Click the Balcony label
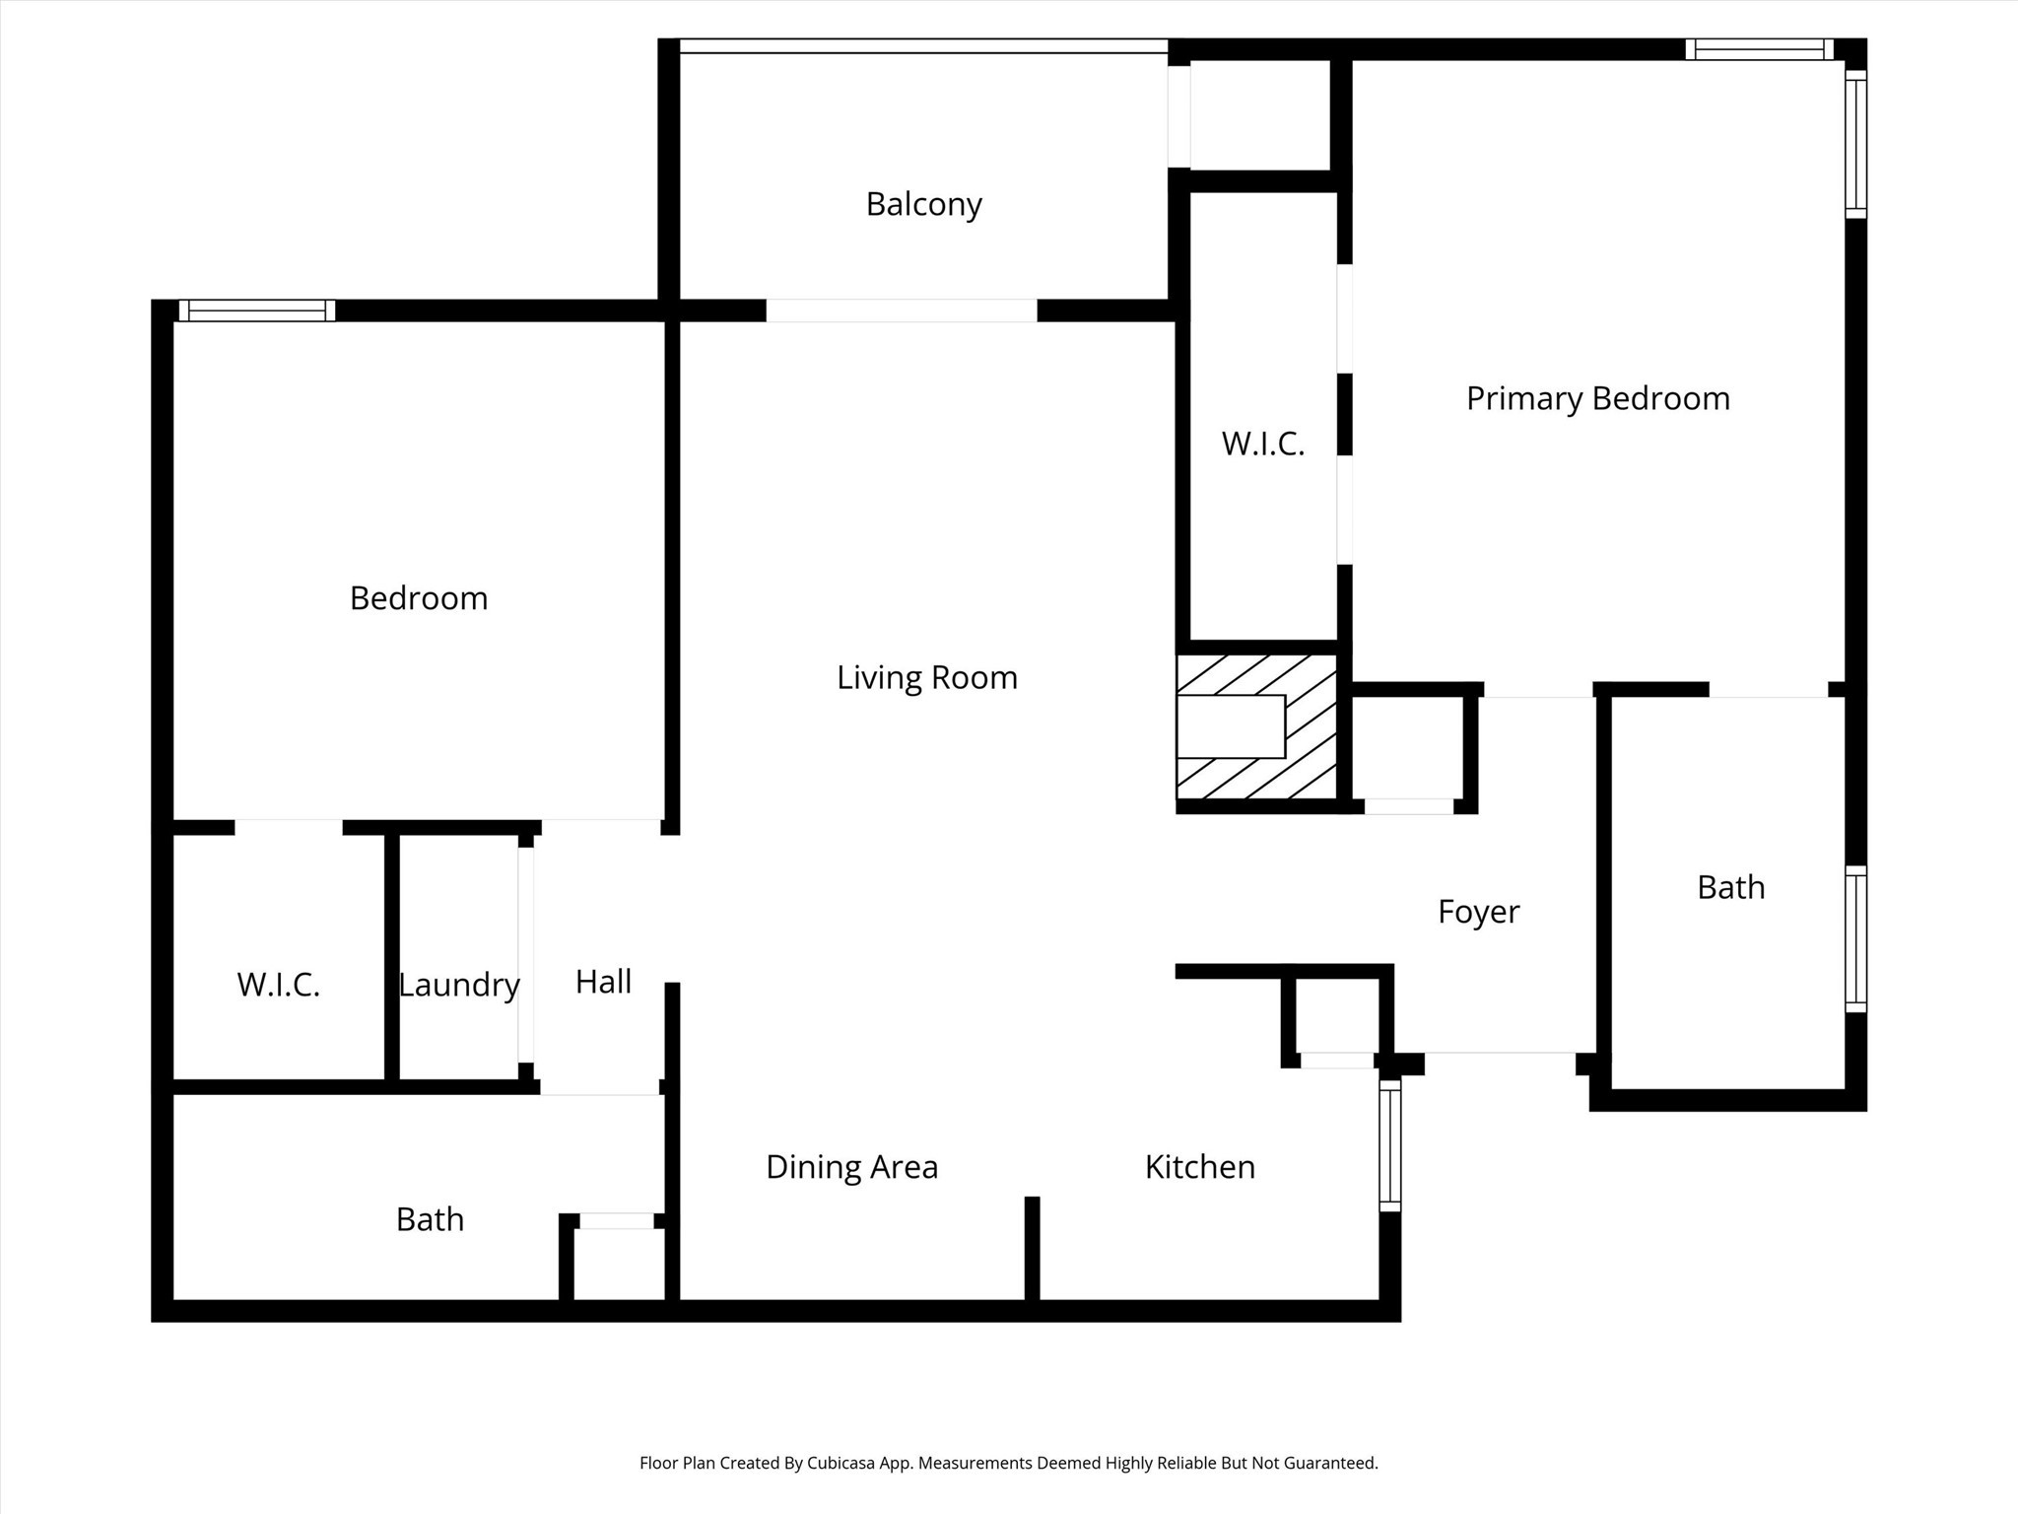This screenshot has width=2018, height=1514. (923, 204)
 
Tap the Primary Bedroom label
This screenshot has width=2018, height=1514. (1597, 398)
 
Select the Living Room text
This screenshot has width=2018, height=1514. (926, 677)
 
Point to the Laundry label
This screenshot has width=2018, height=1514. (459, 985)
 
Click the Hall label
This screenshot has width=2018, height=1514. (603, 982)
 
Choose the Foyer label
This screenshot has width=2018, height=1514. (1478, 912)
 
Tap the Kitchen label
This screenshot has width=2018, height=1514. (1199, 1167)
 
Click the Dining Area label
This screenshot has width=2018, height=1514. (851, 1167)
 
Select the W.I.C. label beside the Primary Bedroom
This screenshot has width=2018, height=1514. (1263, 444)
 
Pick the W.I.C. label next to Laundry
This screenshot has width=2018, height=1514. (278, 985)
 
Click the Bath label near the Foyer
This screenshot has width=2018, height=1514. (1730, 887)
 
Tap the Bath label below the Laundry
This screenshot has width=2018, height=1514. (430, 1219)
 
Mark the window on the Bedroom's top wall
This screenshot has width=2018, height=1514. (257, 310)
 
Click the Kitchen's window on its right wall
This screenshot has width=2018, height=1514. (1389, 1145)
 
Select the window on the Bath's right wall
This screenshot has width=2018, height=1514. (1855, 938)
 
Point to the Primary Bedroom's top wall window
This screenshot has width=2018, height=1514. (1759, 49)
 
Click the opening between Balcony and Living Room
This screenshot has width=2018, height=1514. (902, 310)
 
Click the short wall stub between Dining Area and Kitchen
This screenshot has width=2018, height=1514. (1032, 1248)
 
